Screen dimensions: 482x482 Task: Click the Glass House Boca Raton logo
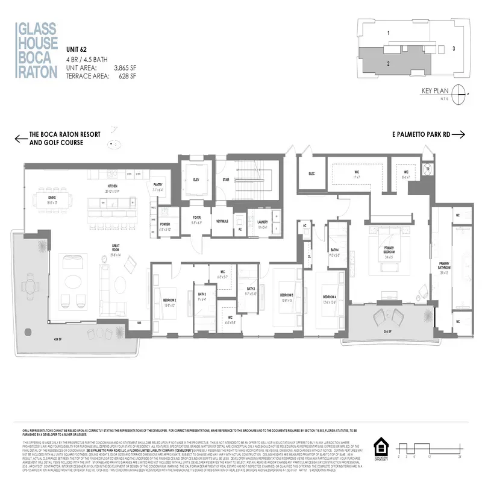tap(37, 49)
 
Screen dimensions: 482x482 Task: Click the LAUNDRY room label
tap(261, 222)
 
